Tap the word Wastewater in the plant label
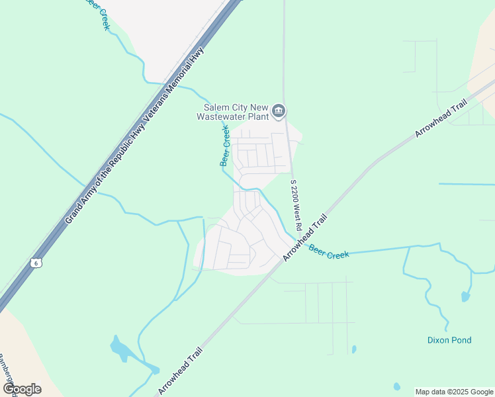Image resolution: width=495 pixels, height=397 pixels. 223,116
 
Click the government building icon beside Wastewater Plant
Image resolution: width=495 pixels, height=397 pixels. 279,110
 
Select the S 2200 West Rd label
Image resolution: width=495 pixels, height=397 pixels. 296,204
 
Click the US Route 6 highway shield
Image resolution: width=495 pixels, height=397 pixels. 37,263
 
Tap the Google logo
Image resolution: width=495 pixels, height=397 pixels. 22,388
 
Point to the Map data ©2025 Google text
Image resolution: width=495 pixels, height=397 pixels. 453,392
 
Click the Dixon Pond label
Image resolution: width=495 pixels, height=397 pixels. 449,340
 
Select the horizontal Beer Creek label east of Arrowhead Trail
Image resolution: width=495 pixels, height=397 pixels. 328,252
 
